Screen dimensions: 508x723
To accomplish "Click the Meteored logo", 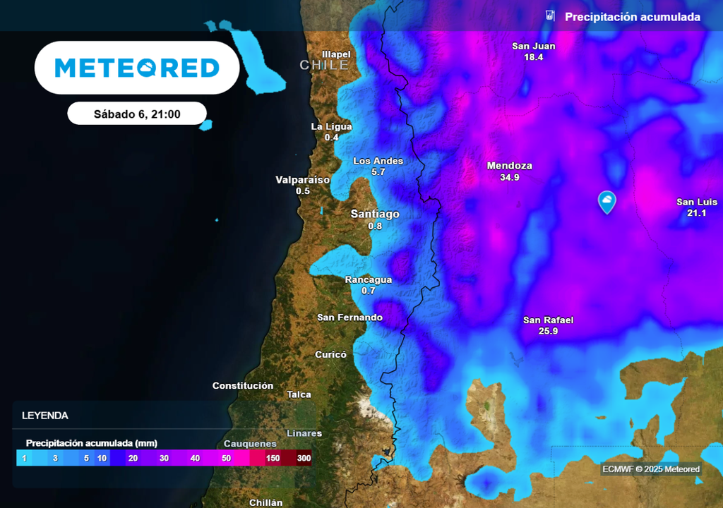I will tap(137, 68).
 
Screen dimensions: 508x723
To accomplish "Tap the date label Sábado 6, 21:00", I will tap(137, 114).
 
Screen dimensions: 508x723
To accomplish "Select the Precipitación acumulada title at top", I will tap(632, 17).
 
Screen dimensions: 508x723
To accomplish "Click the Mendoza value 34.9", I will tap(509, 178).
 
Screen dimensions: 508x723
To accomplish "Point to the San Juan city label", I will tap(533, 46).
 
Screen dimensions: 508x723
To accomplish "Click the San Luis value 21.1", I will tap(696, 213).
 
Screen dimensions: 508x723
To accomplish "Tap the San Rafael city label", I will tap(548, 320).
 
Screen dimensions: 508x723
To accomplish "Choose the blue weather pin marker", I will tap(607, 202).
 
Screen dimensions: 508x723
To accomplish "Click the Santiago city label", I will tap(375, 214).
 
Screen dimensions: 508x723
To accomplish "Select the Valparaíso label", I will tap(302, 180).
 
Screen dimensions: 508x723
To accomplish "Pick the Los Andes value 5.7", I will tap(378, 172).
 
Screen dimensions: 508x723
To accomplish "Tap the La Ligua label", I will tap(331, 126).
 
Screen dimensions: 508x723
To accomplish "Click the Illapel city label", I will tap(335, 54).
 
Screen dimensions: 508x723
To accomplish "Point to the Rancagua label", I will tap(368, 279).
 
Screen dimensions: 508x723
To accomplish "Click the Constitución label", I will tap(243, 385).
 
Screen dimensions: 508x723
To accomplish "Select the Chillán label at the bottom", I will tap(266, 502).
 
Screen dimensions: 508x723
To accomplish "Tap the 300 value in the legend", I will tap(304, 459).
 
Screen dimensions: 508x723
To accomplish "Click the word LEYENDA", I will tap(45, 416).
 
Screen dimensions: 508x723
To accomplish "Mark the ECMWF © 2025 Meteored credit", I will tap(650, 469).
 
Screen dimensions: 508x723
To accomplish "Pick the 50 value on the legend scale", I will tap(226, 459).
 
